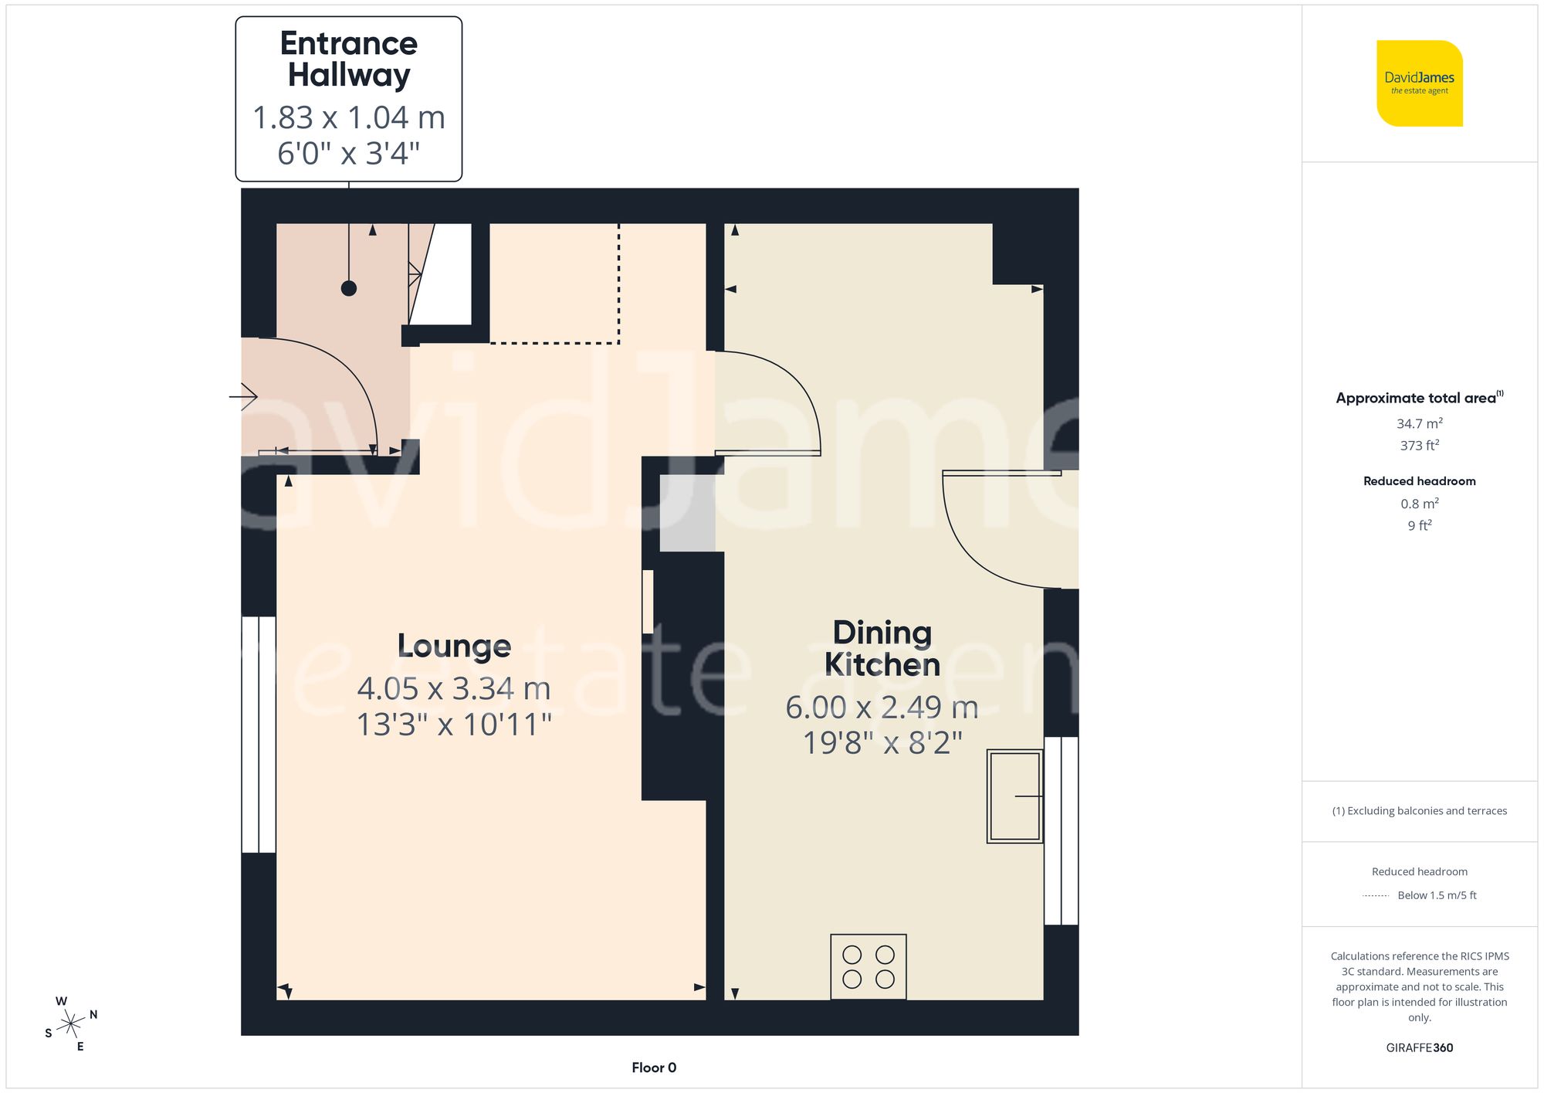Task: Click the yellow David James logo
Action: (1419, 83)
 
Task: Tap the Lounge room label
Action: (454, 646)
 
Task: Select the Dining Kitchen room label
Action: (882, 649)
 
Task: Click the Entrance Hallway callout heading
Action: (349, 59)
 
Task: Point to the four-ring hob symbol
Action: (868, 967)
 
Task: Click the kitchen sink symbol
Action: (1015, 796)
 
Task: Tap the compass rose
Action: (71, 1024)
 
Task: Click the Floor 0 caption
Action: (654, 1068)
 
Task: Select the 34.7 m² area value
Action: (1419, 423)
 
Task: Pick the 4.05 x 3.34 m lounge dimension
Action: (454, 688)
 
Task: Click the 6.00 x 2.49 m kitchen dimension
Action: (882, 708)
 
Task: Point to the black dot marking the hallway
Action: (349, 288)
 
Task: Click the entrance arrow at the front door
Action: (244, 397)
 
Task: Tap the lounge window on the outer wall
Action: (259, 734)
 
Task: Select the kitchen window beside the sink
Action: (1061, 830)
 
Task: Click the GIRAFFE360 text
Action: (1419, 1048)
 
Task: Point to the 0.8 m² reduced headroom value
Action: (1419, 504)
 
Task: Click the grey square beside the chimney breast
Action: (687, 513)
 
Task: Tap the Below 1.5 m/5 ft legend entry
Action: (1436, 895)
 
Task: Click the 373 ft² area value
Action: (1419, 446)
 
